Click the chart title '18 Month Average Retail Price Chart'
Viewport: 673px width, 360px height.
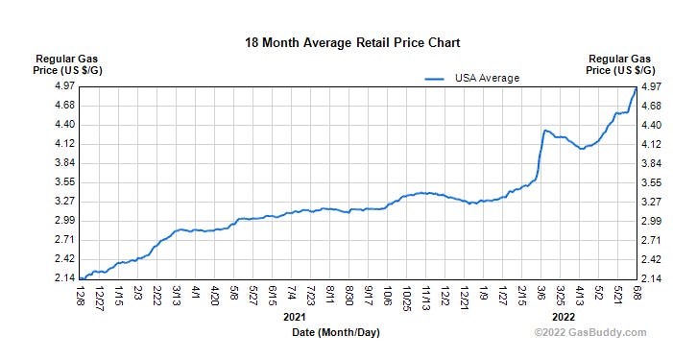tap(352, 42)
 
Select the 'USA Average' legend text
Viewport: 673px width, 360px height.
tap(487, 78)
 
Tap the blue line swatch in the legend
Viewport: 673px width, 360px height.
tap(437, 78)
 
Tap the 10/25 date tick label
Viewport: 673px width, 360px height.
tap(407, 295)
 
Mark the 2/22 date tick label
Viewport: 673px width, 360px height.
tap(157, 295)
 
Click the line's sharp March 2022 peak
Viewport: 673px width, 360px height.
tap(544, 130)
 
